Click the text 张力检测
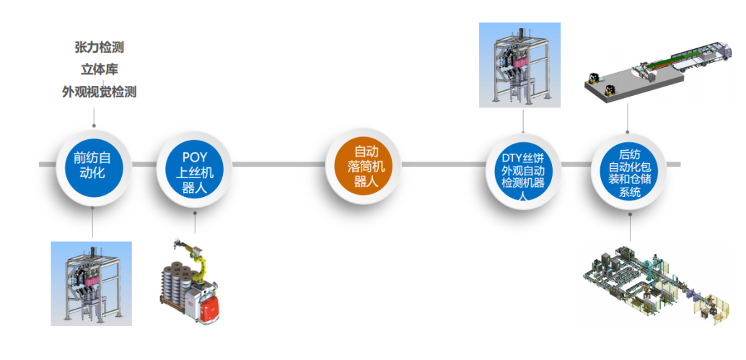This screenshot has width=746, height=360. [99, 48]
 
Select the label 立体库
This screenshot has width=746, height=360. [99, 70]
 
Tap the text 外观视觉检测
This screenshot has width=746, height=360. [99, 92]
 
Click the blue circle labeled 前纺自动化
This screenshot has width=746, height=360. [93, 165]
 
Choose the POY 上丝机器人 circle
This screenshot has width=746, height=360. [194, 165]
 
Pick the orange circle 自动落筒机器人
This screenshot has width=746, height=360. [362, 165]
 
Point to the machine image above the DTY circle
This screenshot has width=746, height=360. [519, 65]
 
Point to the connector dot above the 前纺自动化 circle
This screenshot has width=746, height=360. [93, 125]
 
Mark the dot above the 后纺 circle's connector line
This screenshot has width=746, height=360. [627, 132]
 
